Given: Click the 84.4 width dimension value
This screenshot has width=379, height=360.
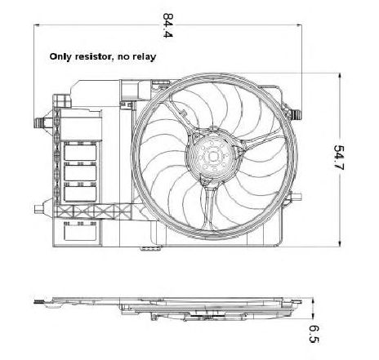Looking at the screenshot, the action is point(167,25).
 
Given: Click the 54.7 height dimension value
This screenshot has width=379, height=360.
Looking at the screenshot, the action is point(339,158).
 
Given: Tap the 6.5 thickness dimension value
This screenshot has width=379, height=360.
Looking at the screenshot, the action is point(314,334).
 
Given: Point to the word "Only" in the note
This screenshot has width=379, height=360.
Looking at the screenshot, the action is point(60,57).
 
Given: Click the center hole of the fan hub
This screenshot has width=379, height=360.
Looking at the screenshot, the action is point(213,157).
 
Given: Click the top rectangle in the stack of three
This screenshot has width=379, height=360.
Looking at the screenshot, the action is point(80,152).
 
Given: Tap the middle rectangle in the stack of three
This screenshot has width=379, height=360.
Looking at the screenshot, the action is point(80,172).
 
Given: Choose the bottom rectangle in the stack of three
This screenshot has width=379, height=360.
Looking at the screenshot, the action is point(80,193).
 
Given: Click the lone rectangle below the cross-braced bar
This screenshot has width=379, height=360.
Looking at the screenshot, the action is point(80,232).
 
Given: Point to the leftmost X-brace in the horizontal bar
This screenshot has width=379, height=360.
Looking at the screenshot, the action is point(64,211).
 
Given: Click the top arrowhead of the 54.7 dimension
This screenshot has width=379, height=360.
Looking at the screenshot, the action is point(340,76).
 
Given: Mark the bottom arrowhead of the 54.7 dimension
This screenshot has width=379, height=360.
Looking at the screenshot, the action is point(340,244).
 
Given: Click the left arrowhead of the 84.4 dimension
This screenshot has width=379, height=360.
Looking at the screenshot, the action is point(37,25).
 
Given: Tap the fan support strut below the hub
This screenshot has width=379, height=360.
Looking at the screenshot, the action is point(210,207).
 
